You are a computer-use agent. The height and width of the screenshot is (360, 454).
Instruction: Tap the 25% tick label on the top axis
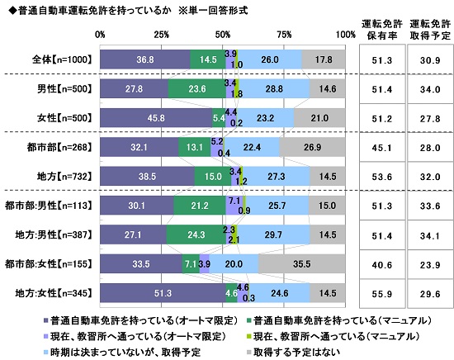tap(162, 35)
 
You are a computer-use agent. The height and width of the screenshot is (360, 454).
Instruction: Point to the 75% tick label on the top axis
tap(285, 35)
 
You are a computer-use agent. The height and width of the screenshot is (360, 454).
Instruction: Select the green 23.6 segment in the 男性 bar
tap(197, 88)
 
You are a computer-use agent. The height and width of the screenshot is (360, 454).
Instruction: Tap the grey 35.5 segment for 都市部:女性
tap(302, 263)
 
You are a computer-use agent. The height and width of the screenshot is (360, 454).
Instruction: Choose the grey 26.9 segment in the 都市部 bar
tap(313, 147)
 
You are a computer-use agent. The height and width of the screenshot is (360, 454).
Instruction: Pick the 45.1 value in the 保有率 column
tap(382, 147)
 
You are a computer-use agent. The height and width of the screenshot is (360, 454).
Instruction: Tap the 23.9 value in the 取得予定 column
tap(428, 263)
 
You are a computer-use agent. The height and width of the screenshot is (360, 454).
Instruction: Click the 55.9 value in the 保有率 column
tap(382, 292)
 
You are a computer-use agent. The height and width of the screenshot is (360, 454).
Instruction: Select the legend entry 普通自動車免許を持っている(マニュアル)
tap(310, 319)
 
